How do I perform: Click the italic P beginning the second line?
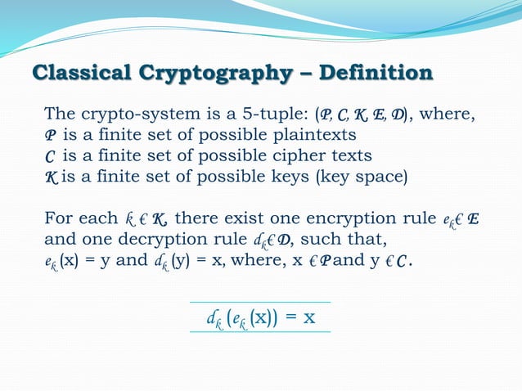[x=50, y=134]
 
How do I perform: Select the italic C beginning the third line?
[x=49, y=155]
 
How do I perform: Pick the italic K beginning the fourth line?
[x=50, y=176]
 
